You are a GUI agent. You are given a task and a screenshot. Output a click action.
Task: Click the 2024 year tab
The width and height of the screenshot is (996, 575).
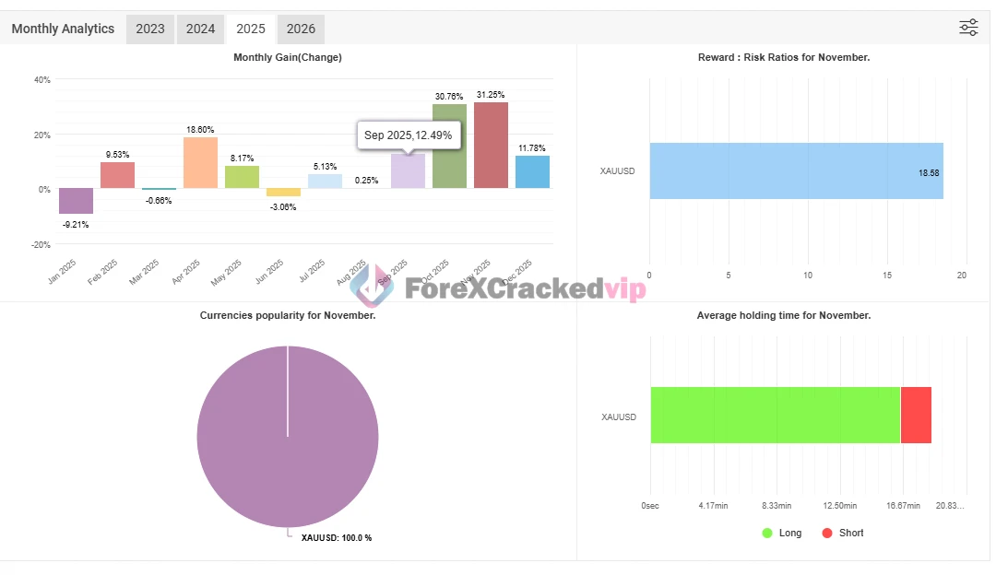pos(200,29)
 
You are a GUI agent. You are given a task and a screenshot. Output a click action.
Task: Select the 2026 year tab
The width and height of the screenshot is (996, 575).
pos(301,29)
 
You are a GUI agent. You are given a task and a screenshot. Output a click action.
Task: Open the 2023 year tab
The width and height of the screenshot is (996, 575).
pos(150,29)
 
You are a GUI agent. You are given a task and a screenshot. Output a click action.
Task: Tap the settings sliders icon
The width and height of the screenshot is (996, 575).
pos(968,28)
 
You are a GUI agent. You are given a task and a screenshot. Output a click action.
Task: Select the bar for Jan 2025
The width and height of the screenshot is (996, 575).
pos(76,201)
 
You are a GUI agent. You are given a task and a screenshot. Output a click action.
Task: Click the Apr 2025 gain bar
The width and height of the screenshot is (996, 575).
pos(200,163)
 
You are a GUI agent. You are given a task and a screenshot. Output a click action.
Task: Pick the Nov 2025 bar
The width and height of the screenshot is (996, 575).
pos(491,146)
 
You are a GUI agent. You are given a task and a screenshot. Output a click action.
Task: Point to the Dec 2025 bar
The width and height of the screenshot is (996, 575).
pos(532,172)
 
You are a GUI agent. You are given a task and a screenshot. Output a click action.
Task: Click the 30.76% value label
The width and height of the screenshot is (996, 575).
pos(449,96)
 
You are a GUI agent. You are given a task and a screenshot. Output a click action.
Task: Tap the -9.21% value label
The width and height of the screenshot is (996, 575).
pos(76,223)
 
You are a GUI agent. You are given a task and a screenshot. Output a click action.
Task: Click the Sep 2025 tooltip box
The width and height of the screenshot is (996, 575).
pos(408,135)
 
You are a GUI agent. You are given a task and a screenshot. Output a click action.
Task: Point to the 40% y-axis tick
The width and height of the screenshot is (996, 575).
pos(42,79)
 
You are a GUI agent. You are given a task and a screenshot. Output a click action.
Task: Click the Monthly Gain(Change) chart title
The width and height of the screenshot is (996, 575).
pos(288,57)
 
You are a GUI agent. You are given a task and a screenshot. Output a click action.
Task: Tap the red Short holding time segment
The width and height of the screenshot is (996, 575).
pos(916,416)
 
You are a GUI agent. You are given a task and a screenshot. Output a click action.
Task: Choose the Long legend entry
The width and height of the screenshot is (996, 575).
pos(781,533)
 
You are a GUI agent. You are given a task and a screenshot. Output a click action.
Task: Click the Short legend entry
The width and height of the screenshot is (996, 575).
pos(842,533)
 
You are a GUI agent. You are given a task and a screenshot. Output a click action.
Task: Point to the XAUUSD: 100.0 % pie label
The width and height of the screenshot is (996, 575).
pos(336,537)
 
